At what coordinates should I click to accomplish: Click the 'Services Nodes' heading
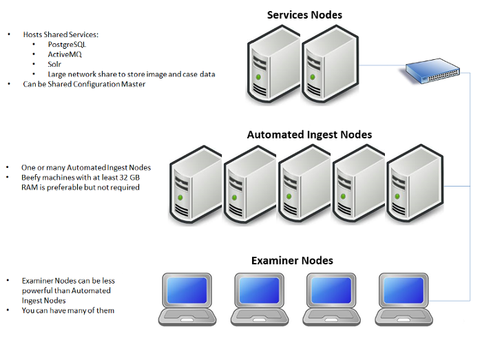pyautogui.click(x=304, y=14)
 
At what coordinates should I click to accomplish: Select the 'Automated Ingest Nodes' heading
pyautogui.click(x=309, y=135)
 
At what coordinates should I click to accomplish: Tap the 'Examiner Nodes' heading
pyautogui.click(x=292, y=260)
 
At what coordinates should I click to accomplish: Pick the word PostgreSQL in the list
pyautogui.click(x=67, y=44)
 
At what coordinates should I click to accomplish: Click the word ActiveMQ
pyautogui.click(x=64, y=54)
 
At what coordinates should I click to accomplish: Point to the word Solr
pyautogui.click(x=55, y=64)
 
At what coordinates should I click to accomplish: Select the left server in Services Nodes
pyautogui.click(x=271, y=65)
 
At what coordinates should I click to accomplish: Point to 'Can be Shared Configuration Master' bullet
pyautogui.click(x=84, y=84)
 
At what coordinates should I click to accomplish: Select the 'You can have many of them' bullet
pyautogui.click(x=68, y=310)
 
